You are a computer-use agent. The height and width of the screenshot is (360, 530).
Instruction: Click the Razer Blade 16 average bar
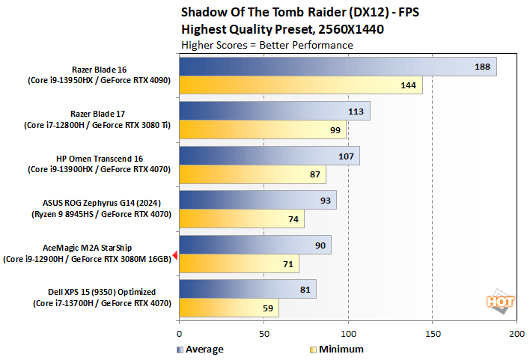tap(337, 67)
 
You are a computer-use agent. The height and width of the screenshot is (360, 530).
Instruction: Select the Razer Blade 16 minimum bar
tap(300, 85)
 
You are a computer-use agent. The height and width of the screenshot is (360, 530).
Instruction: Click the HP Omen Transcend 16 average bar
tap(269, 156)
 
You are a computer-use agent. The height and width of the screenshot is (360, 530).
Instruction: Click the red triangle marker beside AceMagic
tap(175, 255)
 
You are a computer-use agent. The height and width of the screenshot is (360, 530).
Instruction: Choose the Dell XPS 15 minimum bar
tap(228, 308)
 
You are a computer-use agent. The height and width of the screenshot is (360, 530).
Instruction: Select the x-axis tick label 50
tap(264, 332)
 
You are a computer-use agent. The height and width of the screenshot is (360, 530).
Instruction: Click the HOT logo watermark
tap(501, 302)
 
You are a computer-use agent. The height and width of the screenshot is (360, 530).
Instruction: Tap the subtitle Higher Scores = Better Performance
tap(266, 45)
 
